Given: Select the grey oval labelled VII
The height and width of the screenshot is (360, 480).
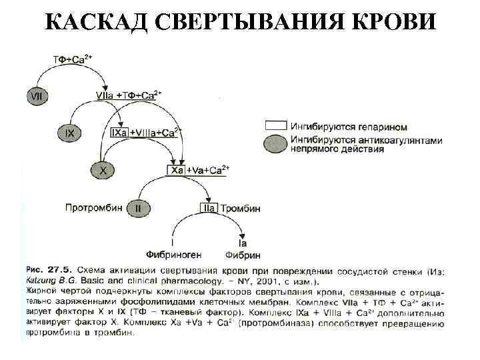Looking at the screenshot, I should tap(37, 96).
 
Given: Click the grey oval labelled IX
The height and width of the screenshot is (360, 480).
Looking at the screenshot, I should tap(70, 133).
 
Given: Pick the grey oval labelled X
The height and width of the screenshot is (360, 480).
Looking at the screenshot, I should tap(103, 171).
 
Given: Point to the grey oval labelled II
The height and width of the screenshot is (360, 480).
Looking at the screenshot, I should tap(138, 208).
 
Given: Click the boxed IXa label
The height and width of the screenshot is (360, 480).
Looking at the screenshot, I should tap(119, 133).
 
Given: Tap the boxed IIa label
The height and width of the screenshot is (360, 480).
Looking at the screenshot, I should tap(208, 208).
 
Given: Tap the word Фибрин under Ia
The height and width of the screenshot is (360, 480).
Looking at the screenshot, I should tap(243, 255).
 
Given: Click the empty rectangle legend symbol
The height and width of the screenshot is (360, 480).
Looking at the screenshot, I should tap(276, 125).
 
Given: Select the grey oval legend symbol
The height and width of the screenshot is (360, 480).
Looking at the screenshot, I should tap(276, 143).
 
